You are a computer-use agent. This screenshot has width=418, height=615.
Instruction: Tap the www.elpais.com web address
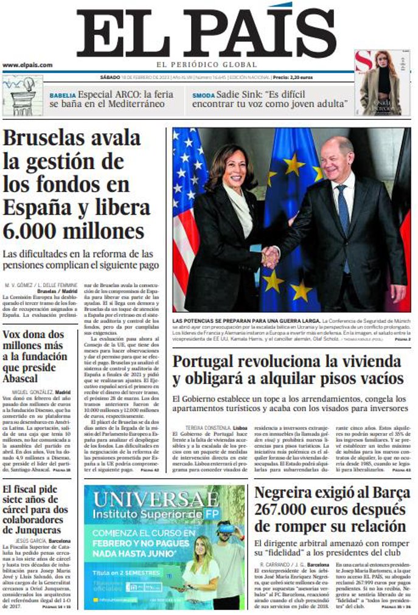pos(27,64)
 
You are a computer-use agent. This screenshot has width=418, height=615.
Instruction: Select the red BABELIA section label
pos(63,96)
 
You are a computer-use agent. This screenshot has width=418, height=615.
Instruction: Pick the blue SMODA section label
pos(203,96)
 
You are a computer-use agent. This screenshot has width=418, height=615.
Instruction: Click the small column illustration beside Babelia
pos(23,96)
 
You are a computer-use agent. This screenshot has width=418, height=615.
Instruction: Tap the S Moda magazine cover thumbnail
pos(382,83)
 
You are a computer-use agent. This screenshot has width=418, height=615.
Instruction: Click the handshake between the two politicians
pos(270,256)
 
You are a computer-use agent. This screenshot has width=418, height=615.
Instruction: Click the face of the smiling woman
pos(234,170)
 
